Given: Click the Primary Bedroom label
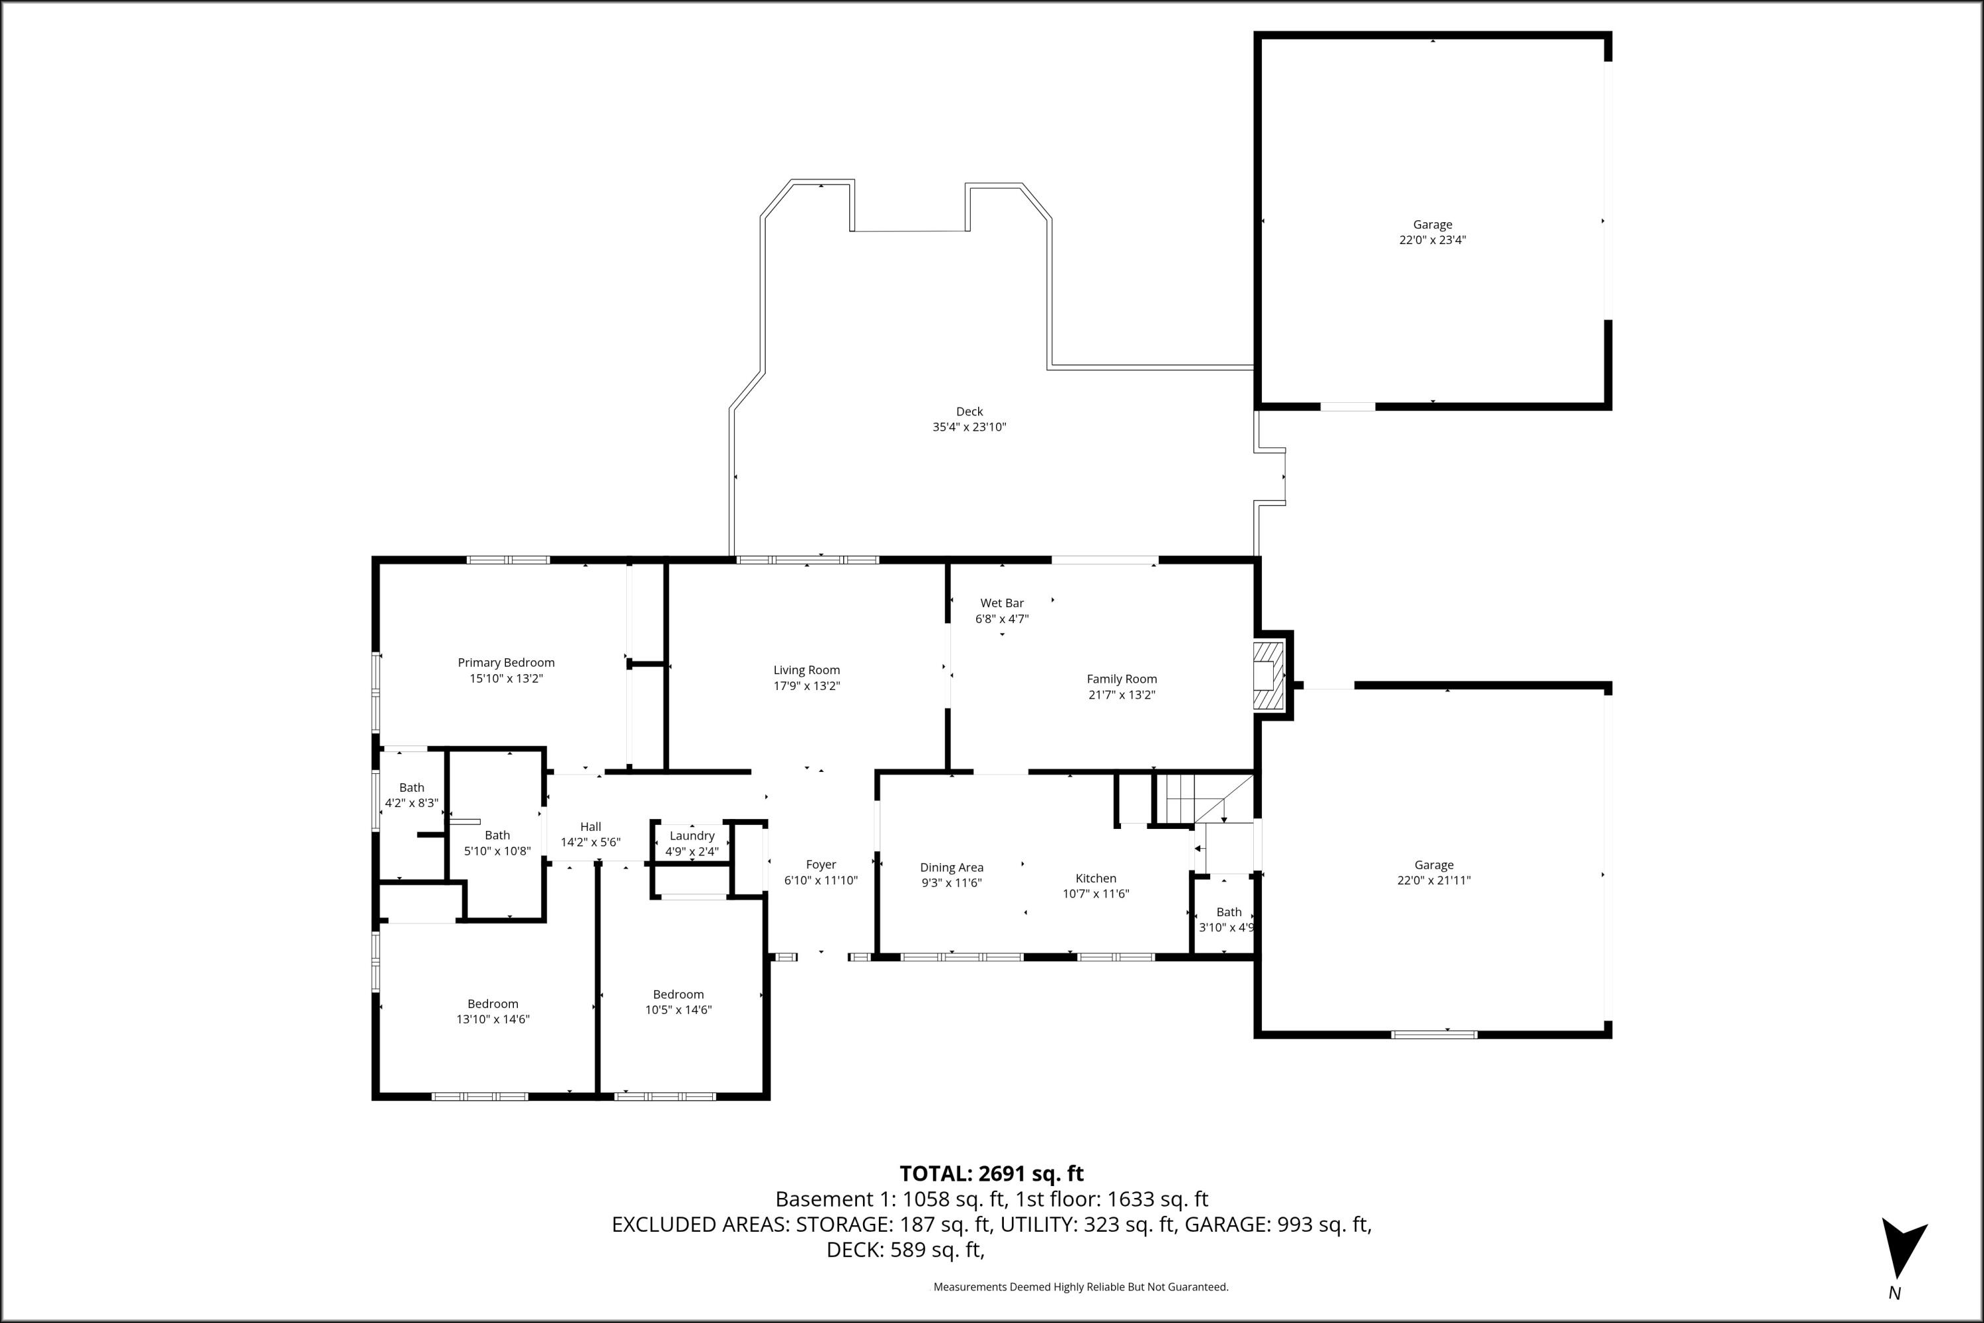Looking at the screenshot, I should tap(506, 662).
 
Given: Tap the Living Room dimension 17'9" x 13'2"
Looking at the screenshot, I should tap(806, 686).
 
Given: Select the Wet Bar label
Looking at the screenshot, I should tap(1001, 603).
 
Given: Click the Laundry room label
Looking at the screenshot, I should tap(692, 835).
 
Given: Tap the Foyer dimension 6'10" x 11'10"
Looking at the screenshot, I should tap(821, 880).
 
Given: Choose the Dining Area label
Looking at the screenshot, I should tap(952, 867).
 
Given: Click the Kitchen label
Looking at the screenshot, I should tap(1096, 878).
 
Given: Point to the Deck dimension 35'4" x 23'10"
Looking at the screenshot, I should tap(970, 427).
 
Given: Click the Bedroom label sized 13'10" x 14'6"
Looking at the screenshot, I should tap(493, 1004).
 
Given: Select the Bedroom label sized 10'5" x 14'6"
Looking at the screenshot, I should tap(679, 995).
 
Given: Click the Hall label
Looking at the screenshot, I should tap(591, 827).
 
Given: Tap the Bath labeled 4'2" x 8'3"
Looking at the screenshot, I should tap(411, 788).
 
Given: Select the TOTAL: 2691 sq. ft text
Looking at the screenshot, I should tap(991, 1174).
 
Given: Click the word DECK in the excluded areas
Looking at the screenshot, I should tap(854, 1250).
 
